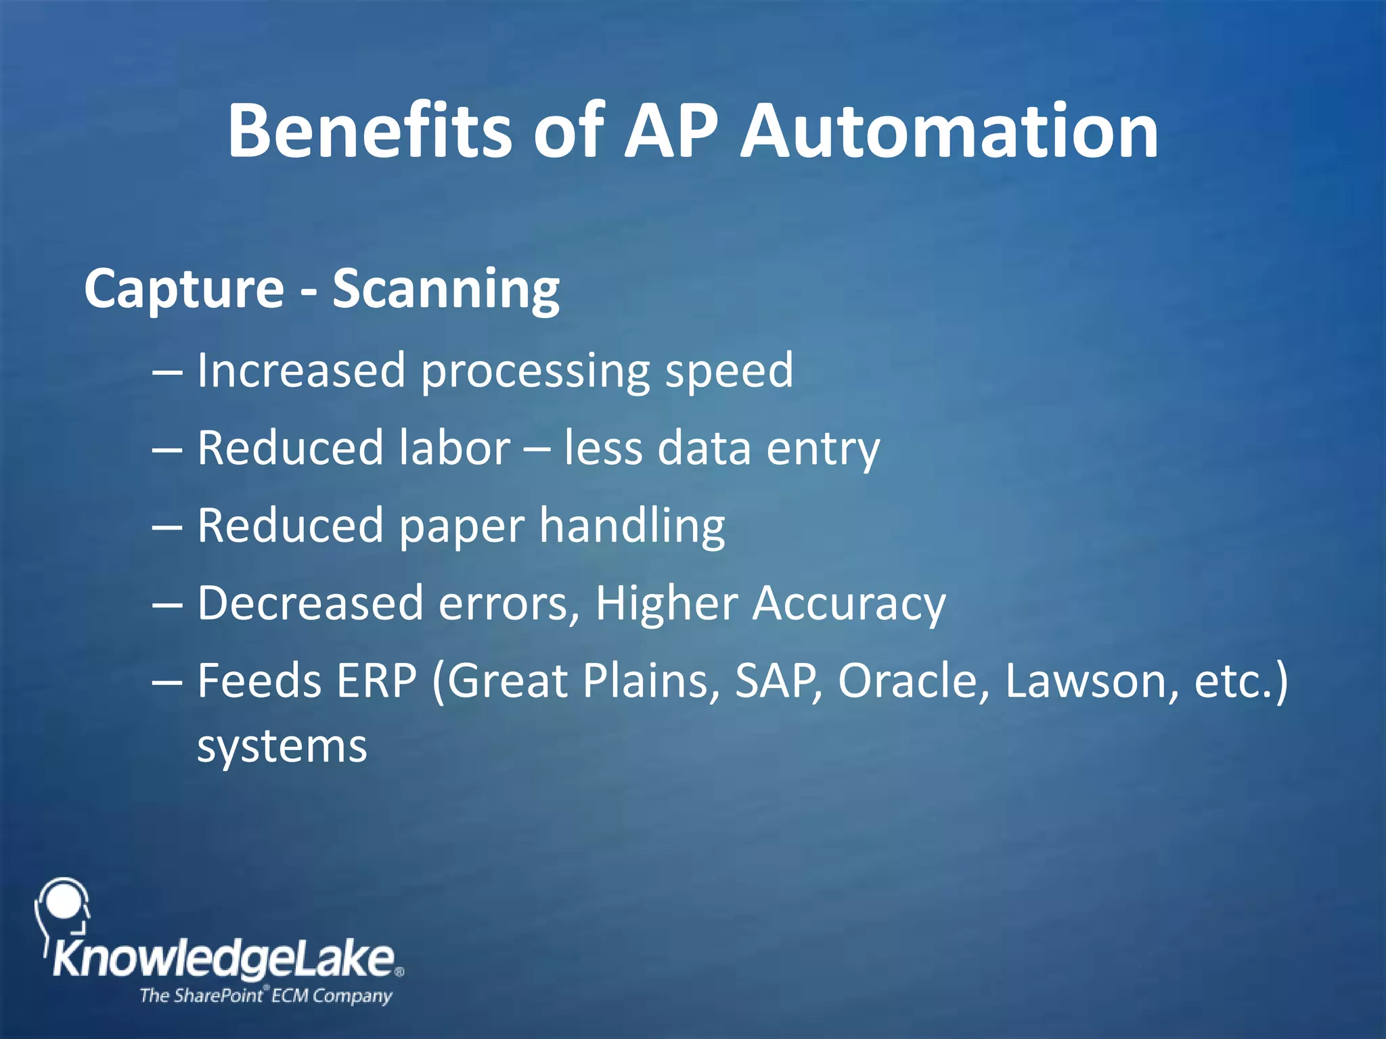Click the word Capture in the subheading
(184, 290)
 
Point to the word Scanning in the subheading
(446, 290)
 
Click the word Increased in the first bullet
(300, 371)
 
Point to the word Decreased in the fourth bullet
(310, 603)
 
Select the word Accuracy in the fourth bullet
(849, 604)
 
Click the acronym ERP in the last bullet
(376, 680)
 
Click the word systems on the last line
(282, 747)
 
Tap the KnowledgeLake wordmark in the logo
(224, 959)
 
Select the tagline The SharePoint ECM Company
(265, 996)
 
